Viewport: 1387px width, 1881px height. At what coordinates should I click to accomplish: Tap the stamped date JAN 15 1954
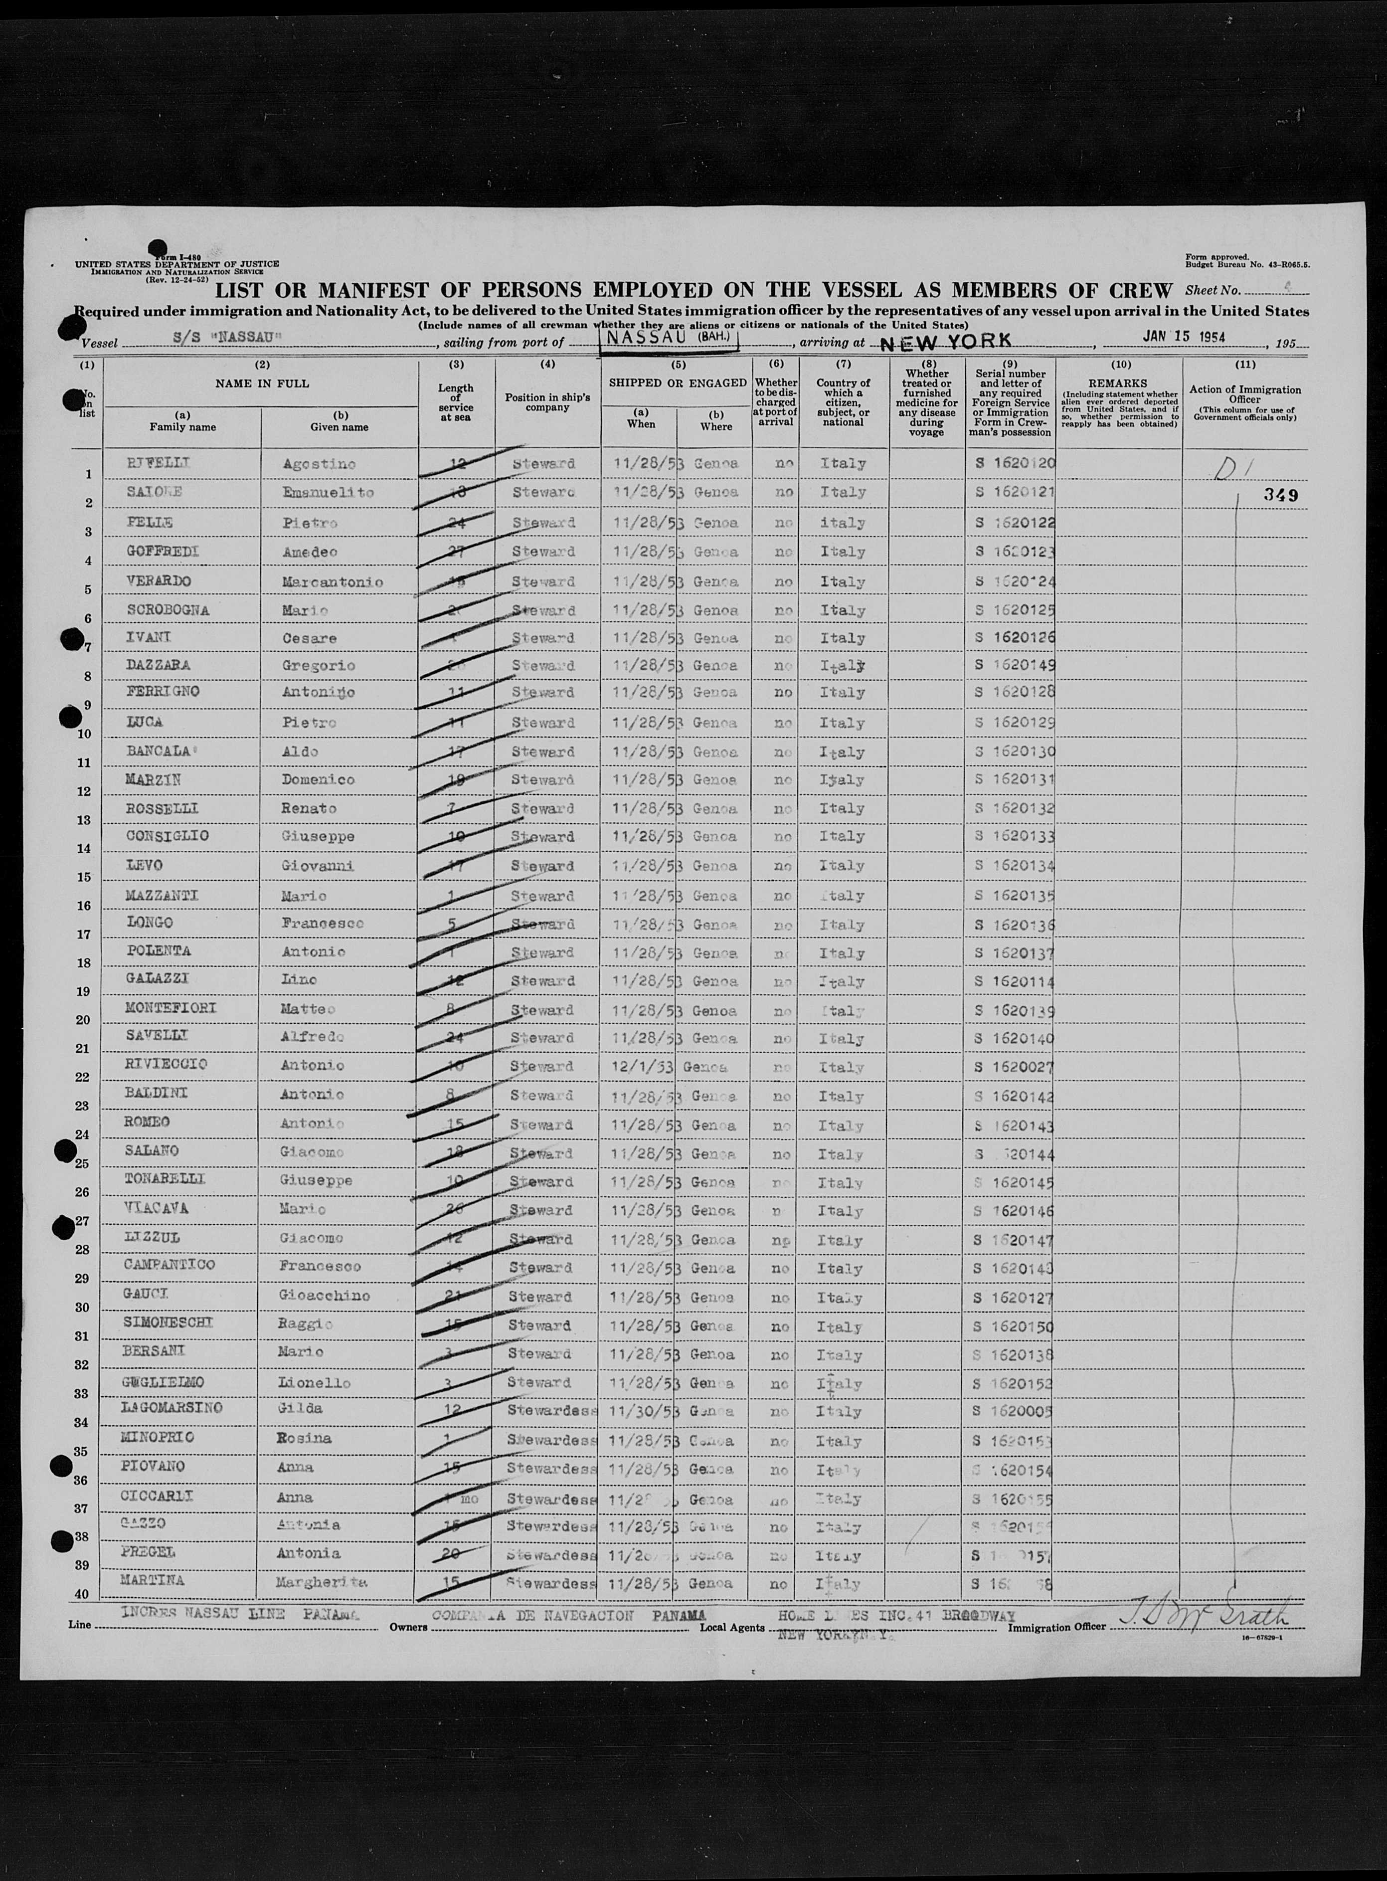pos(1184,336)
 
